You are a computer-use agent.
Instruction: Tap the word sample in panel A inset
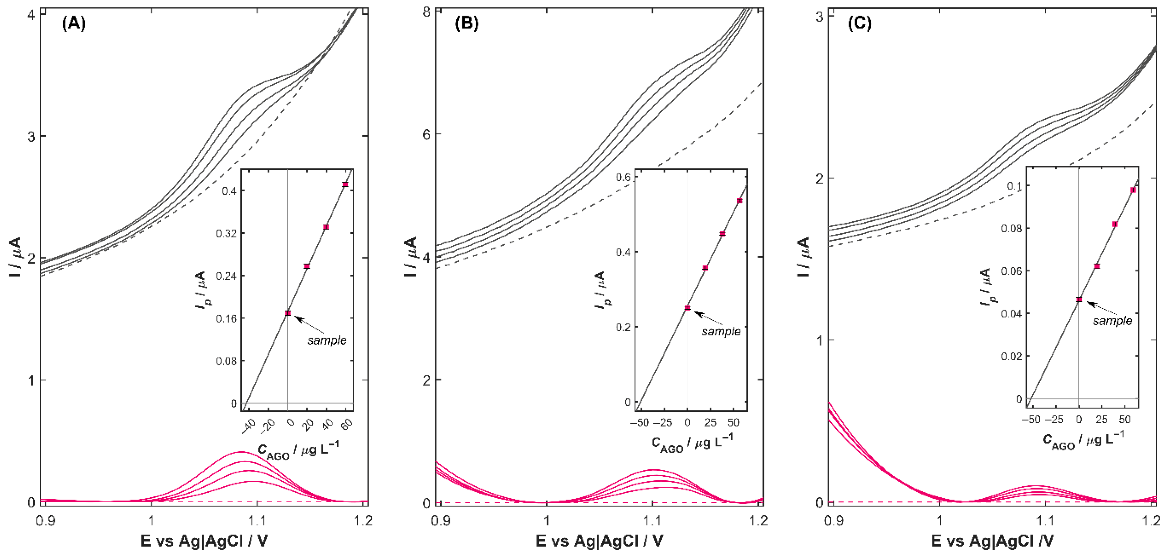[x=327, y=340]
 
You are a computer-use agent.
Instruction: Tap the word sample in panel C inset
[x=1112, y=321]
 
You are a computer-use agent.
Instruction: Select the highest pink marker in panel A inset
[x=345, y=184]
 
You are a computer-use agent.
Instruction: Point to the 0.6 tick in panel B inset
[x=624, y=177]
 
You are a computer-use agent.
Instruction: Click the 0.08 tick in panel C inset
[x=1011, y=228]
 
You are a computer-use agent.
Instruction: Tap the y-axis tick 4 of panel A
[x=31, y=14]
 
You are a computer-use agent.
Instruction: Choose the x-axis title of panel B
[x=599, y=541]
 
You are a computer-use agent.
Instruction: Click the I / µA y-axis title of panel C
[x=804, y=257]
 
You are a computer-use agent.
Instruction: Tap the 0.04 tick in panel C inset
[x=1011, y=314]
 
